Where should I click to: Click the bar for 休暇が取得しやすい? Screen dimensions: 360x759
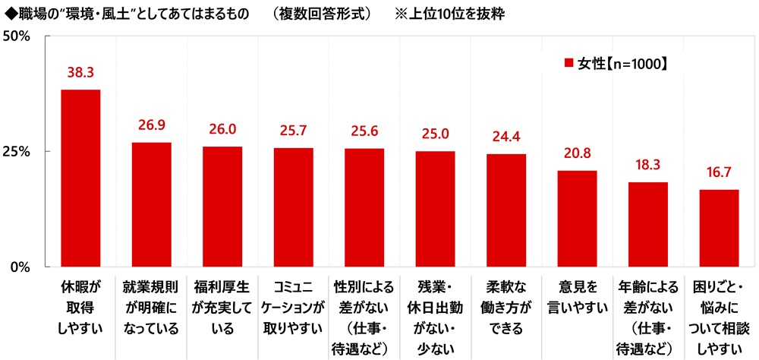coord(80,178)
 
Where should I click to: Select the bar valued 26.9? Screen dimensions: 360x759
coord(151,205)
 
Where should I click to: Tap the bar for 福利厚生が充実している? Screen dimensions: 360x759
coord(222,207)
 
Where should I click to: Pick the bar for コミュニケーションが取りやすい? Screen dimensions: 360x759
coord(293,207)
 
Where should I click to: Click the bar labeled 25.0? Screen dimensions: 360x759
coord(435,209)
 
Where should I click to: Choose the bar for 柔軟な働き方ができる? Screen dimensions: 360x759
coord(506,210)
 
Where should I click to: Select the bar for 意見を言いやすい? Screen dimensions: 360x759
coord(577,219)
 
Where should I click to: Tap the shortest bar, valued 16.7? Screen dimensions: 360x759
coord(719,228)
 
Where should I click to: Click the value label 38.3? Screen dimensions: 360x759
coord(80,74)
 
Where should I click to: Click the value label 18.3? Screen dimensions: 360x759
coord(647,166)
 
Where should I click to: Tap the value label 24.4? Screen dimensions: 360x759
coord(506,137)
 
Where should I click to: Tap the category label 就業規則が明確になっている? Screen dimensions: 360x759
coord(151,308)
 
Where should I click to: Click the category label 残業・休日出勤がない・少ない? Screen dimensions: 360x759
coord(435,318)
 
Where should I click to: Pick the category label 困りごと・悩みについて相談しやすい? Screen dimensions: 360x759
coord(719,318)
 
